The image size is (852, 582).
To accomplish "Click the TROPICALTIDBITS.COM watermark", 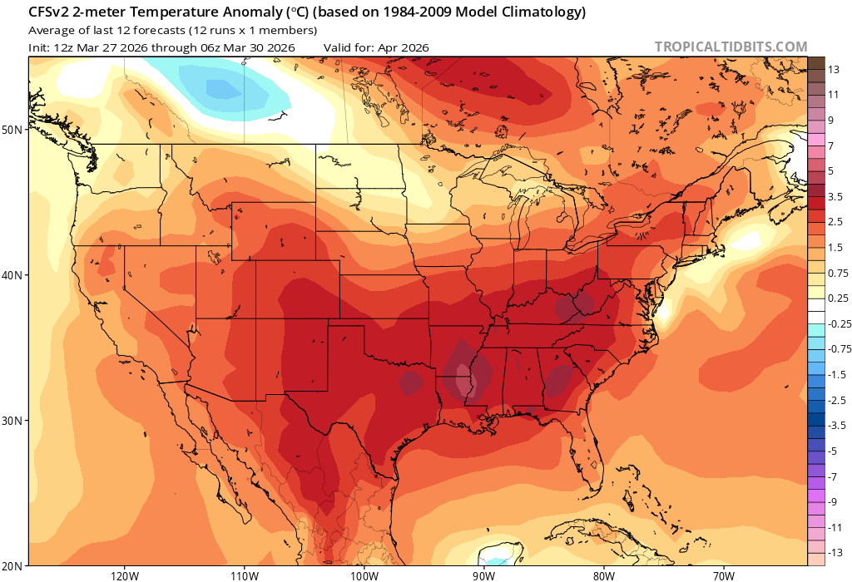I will (731, 47).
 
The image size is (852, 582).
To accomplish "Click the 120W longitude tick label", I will (123, 575).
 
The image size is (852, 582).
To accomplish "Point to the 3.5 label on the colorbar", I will (836, 197).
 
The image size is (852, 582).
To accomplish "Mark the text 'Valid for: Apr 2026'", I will (376, 47).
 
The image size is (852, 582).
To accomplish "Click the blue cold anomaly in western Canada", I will (223, 87).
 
